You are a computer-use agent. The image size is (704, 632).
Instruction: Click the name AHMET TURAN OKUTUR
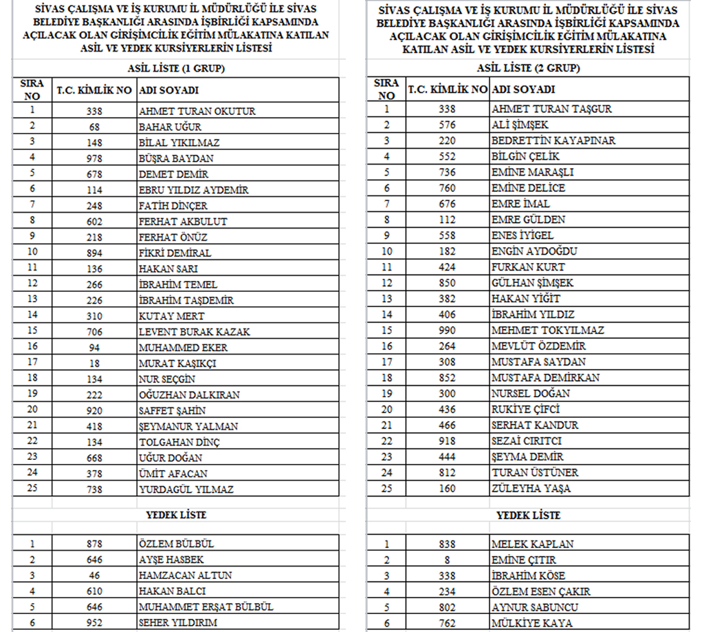pyautogui.click(x=197, y=111)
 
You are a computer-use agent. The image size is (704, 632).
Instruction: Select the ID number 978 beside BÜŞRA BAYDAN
pyautogui.click(x=94, y=158)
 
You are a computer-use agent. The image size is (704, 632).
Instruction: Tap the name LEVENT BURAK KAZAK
pyautogui.click(x=194, y=332)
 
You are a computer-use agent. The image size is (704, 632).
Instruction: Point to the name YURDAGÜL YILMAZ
pyautogui.click(x=186, y=489)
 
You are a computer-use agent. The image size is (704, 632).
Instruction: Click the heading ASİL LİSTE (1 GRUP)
pyautogui.click(x=177, y=69)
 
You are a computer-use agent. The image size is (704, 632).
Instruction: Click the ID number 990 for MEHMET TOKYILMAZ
pyautogui.click(x=447, y=330)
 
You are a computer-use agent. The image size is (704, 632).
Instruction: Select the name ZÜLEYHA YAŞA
pyautogui.click(x=531, y=489)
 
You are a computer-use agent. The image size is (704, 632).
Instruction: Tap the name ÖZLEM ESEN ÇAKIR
pyautogui.click(x=540, y=591)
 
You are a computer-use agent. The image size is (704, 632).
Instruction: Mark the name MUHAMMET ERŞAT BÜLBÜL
pyautogui.click(x=206, y=607)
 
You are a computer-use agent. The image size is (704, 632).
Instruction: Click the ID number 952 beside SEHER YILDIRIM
pyautogui.click(x=94, y=623)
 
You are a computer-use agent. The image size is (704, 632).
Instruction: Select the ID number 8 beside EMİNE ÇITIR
pyautogui.click(x=447, y=560)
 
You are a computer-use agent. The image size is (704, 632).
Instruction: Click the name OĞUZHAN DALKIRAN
pyautogui.click(x=189, y=395)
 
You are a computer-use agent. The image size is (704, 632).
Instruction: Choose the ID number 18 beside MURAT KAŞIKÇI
pyautogui.click(x=94, y=364)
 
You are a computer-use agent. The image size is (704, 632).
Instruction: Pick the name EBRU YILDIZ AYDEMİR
pyautogui.click(x=193, y=190)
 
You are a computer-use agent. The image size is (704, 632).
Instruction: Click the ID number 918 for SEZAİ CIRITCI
pyautogui.click(x=447, y=441)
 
